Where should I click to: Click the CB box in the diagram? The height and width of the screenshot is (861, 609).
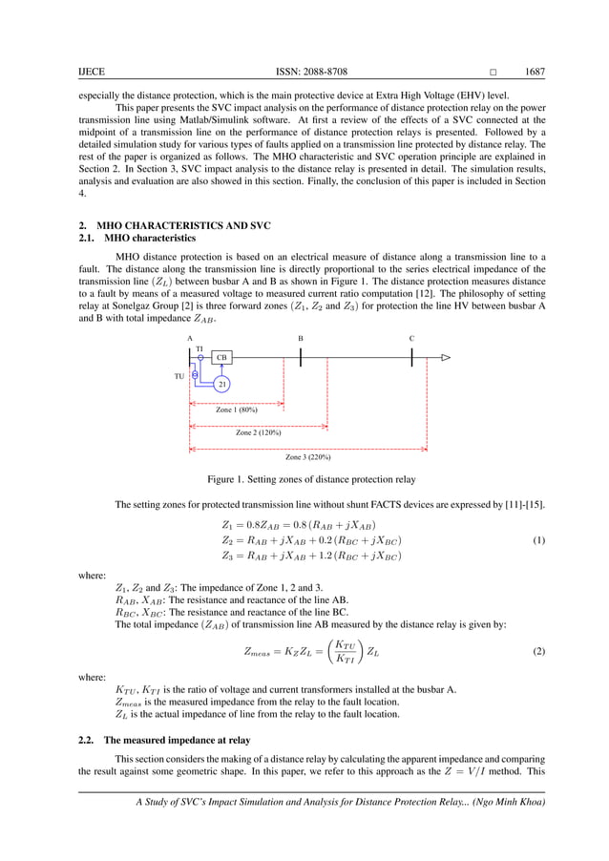pyautogui.click(x=220, y=357)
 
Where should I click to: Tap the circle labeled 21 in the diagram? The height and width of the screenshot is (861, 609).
pyautogui.click(x=221, y=384)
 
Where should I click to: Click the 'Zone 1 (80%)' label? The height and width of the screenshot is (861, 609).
pyautogui.click(x=237, y=409)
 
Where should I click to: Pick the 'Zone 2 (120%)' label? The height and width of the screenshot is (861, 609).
pyautogui.click(x=258, y=432)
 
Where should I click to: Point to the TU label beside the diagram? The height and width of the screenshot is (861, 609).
pyautogui.click(x=178, y=376)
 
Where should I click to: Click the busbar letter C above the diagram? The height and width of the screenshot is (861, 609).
pyautogui.click(x=411, y=339)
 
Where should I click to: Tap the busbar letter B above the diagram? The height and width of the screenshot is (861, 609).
pyautogui.click(x=301, y=339)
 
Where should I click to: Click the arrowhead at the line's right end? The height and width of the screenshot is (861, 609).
pyautogui.click(x=445, y=358)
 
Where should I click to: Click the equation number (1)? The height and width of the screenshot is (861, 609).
pyautogui.click(x=538, y=540)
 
